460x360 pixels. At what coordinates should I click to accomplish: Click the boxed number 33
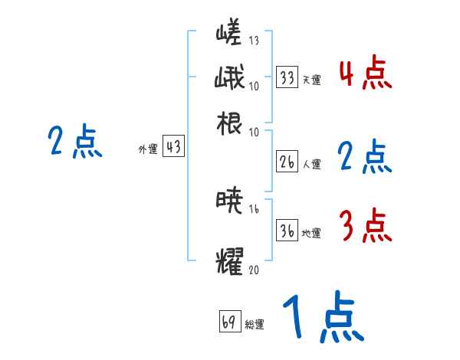click(x=287, y=77)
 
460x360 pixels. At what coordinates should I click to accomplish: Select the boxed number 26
click(x=287, y=162)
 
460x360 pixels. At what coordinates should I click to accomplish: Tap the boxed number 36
click(x=287, y=231)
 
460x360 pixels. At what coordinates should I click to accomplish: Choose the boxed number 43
click(x=174, y=148)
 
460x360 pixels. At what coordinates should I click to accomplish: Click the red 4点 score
click(x=365, y=74)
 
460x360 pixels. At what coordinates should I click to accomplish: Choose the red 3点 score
click(x=365, y=225)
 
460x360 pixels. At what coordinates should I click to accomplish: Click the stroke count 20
click(x=255, y=269)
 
